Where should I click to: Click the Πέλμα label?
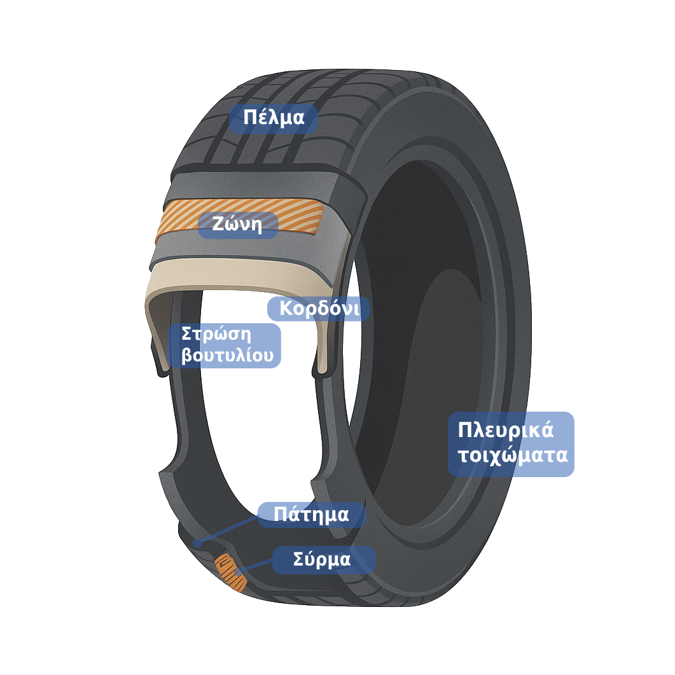point(274,118)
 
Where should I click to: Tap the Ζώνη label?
point(239,225)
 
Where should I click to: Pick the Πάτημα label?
point(311,514)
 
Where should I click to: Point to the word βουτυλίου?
point(227,356)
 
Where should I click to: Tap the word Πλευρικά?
point(506,430)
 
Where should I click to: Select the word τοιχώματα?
point(513,456)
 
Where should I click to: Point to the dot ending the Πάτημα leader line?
point(197,544)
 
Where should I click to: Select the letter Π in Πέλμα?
point(249,118)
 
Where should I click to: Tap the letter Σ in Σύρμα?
point(298,560)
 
